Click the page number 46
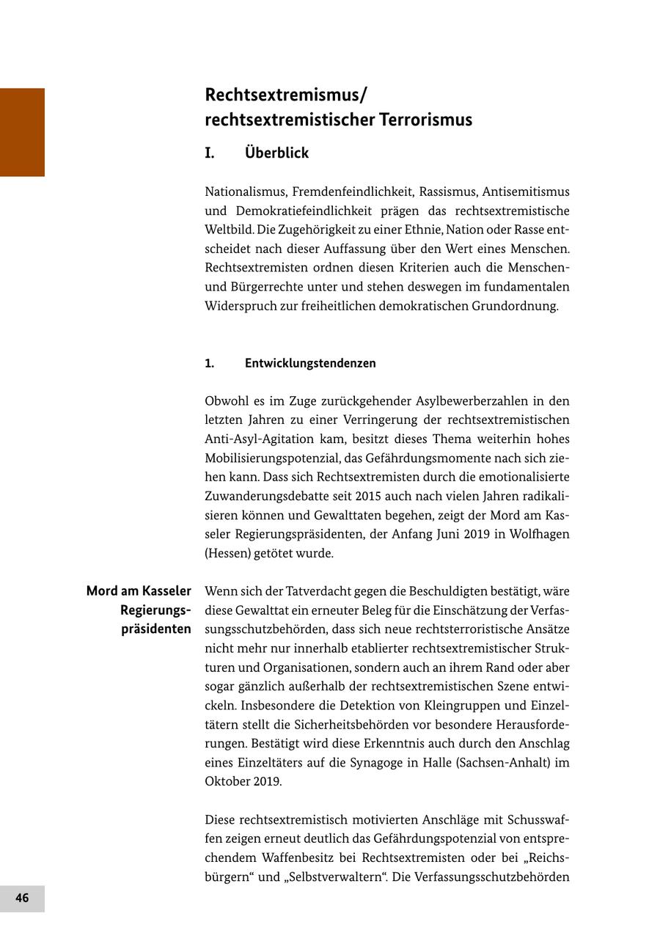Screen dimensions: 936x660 22,898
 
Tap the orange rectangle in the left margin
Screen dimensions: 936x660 22,132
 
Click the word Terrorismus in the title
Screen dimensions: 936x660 425,120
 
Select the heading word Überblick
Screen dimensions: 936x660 276,153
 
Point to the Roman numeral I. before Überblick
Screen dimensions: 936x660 210,153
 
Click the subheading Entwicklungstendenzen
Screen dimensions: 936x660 310,363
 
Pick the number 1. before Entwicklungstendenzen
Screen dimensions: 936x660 210,363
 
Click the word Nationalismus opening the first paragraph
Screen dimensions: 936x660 245,192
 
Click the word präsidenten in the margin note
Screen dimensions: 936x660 156,629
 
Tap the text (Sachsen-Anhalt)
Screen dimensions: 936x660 501,762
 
